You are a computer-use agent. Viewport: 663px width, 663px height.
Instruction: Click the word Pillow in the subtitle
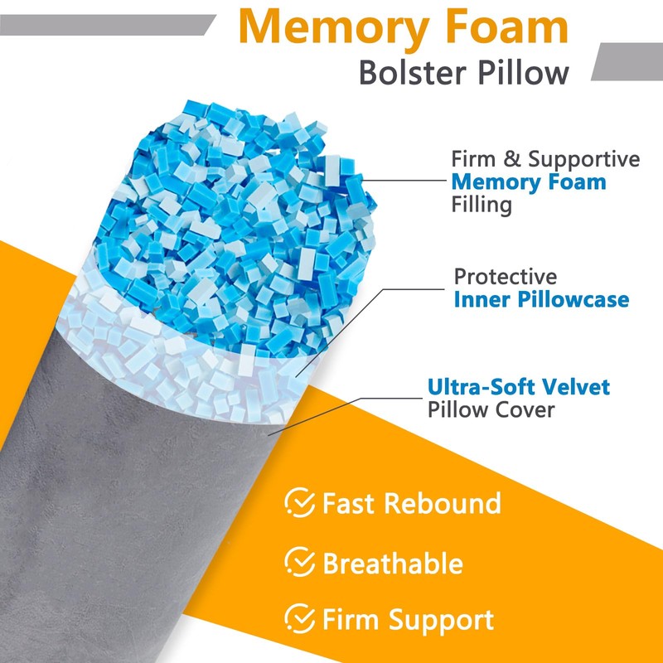point(520,72)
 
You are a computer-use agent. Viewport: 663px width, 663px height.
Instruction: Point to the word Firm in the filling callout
point(473,158)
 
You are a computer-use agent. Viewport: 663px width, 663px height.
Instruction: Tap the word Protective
point(506,277)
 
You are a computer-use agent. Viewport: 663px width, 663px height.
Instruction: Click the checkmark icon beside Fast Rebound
point(299,502)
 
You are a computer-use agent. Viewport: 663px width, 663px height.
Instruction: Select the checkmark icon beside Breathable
point(299,563)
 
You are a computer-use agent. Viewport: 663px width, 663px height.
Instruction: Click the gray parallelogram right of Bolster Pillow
point(626,60)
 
